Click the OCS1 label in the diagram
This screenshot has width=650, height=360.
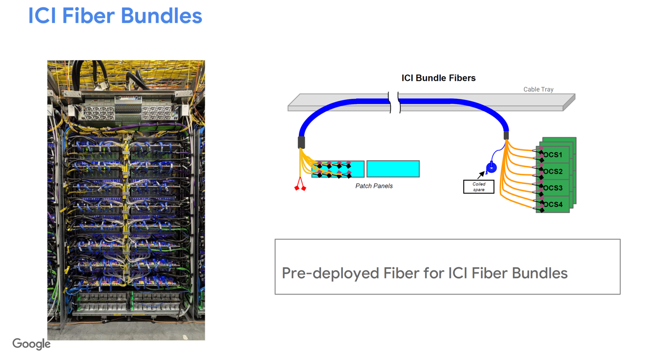click(553, 155)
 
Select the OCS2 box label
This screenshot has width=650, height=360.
click(553, 172)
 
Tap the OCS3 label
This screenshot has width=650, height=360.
click(553, 188)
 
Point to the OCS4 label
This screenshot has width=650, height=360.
click(553, 205)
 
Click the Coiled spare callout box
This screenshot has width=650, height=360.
click(478, 187)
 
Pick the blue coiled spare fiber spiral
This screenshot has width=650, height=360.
click(492, 168)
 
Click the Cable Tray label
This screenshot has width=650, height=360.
click(538, 89)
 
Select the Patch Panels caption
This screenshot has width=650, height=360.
click(374, 186)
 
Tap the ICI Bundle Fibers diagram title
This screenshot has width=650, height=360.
click(438, 78)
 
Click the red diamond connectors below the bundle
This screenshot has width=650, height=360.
click(300, 187)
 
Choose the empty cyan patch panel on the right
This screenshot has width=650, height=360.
click(393, 169)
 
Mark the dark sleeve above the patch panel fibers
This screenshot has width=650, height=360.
click(301, 142)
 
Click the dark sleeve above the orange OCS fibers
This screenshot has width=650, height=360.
click(506, 135)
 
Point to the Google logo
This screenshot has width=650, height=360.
click(31, 344)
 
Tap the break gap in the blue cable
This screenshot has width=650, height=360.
click(394, 102)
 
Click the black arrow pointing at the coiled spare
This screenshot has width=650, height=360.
click(481, 175)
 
